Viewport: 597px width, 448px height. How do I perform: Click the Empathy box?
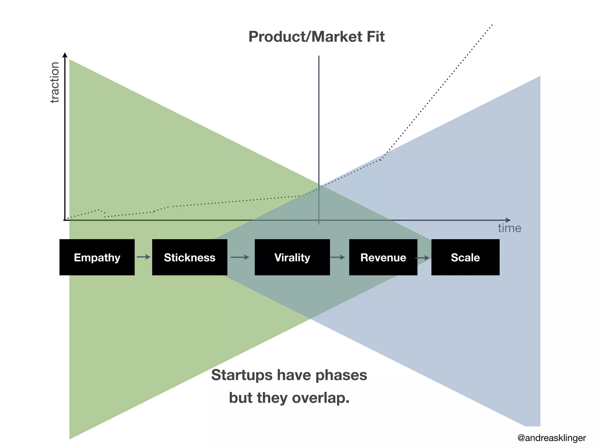tap(97, 257)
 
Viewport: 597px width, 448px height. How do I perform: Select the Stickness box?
tap(189, 257)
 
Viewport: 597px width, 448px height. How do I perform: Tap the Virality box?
tap(292, 257)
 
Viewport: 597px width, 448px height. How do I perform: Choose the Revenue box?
tap(383, 257)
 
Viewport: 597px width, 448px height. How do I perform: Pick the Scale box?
tap(465, 257)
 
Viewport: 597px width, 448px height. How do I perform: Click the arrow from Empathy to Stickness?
tap(143, 257)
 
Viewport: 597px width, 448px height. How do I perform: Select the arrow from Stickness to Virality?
tap(240, 257)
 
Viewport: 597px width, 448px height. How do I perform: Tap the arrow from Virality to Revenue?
tap(338, 257)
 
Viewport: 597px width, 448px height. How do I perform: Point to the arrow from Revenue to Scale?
tap(423, 258)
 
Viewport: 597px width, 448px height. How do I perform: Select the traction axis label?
tap(55, 83)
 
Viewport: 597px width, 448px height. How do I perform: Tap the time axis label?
tap(509, 228)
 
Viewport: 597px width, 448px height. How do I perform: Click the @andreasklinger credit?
tap(552, 438)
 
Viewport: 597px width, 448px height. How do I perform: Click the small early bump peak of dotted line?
tap(99, 210)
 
